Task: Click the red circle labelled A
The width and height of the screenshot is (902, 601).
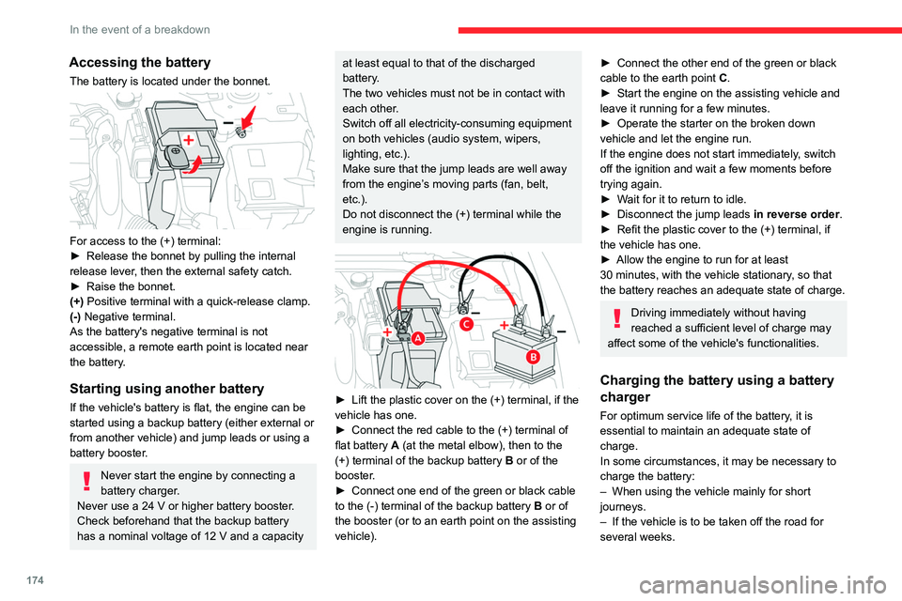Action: click(414, 337)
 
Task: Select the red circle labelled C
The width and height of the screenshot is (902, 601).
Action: click(465, 324)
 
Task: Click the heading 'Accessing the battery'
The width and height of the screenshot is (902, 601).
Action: click(139, 62)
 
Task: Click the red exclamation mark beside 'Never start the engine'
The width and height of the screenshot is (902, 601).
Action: click(86, 482)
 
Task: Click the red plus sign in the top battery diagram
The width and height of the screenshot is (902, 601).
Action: click(190, 138)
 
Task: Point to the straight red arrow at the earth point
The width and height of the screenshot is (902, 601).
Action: click(248, 116)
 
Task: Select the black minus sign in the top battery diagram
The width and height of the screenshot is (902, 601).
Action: click(228, 122)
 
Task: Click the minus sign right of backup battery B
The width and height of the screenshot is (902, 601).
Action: click(561, 331)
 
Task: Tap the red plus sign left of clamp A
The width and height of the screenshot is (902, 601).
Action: click(388, 333)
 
